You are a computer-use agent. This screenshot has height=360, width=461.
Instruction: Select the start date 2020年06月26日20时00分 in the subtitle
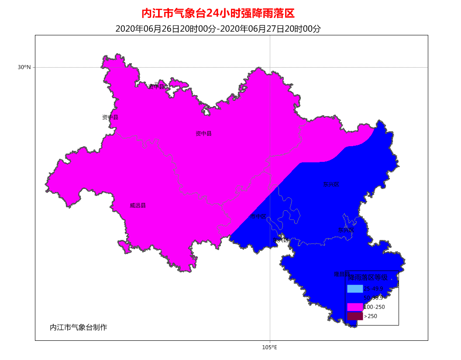tap(166, 29)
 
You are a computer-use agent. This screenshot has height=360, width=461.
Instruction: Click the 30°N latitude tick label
tap(24, 67)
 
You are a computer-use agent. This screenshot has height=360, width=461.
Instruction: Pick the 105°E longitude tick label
tap(270, 347)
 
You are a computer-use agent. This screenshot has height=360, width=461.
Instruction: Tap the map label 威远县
tap(138, 206)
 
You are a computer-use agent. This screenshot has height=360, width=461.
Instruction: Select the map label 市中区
tap(258, 216)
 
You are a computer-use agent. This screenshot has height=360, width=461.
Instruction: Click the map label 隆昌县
tap(341, 274)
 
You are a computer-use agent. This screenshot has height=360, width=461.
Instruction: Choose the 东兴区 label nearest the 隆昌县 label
tap(345, 230)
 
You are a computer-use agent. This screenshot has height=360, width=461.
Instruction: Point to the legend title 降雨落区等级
tap(368, 277)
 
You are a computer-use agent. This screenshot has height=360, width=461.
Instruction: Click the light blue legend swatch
tap(355, 288)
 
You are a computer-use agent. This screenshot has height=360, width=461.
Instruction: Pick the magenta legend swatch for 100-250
tap(355, 307)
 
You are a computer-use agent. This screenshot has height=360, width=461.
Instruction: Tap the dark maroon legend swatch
tap(355, 316)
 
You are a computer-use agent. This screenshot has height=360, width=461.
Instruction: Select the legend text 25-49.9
tap(373, 288)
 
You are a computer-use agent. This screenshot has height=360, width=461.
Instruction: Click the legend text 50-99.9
tap(373, 298)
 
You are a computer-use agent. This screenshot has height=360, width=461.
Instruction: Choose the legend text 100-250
tap(374, 307)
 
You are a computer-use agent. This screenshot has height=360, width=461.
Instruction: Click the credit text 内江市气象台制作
tap(79, 327)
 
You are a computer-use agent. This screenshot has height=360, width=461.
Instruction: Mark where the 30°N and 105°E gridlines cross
tap(270, 67)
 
